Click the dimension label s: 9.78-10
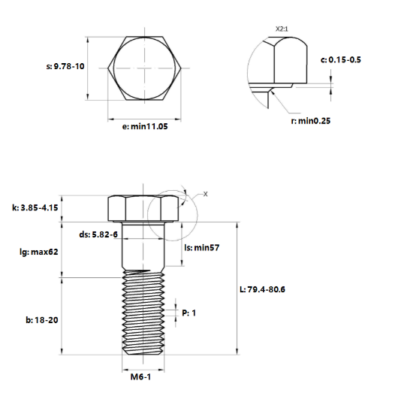click(65, 67)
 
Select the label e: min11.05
click(146, 128)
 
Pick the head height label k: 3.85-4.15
click(35, 207)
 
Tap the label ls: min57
click(207, 247)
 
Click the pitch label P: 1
click(188, 312)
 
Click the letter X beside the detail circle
click(206, 194)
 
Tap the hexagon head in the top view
click(146, 68)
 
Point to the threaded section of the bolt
click(142, 316)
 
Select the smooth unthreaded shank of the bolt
click(142, 248)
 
